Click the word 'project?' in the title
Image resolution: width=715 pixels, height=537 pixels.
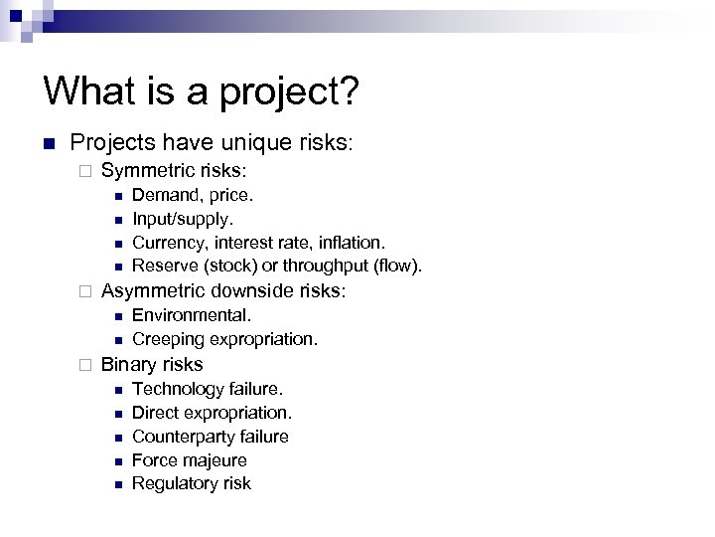(x=288, y=92)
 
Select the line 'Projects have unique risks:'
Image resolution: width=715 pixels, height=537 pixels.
(x=212, y=143)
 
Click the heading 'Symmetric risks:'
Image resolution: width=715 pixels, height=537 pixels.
(x=174, y=171)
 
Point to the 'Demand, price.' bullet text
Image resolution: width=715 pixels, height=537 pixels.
(x=193, y=195)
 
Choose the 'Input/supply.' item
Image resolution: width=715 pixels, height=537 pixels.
(x=183, y=219)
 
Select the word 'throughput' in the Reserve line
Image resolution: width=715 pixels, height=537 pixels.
(x=335, y=266)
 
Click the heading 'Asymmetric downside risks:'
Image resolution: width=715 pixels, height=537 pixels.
(x=223, y=291)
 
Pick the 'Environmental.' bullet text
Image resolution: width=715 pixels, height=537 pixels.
(x=192, y=315)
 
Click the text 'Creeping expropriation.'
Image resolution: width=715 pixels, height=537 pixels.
(x=225, y=339)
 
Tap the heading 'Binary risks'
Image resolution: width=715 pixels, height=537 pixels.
(x=152, y=365)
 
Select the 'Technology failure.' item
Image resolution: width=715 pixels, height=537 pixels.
(x=208, y=389)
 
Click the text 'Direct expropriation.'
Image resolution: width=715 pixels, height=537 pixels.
(x=213, y=413)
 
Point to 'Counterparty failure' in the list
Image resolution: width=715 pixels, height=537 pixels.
(x=211, y=437)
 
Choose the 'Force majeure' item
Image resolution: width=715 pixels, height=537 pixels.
(x=190, y=460)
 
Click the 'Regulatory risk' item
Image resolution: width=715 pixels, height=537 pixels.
(x=192, y=483)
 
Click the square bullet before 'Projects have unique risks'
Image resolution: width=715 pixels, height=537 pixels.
(x=48, y=144)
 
